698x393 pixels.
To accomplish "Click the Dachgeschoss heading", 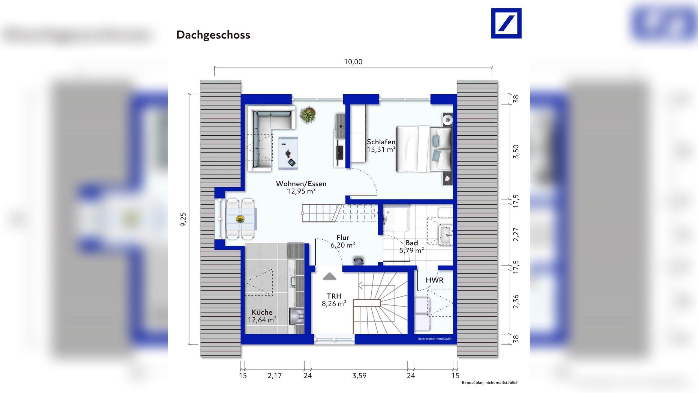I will coord(213,35).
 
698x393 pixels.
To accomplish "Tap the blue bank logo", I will coord(506,23).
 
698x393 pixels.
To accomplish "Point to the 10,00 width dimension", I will coord(353,62).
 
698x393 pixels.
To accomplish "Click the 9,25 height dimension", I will coord(183,219).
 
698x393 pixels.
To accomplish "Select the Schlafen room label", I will coord(381,142).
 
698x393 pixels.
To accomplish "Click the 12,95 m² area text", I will coord(301,191).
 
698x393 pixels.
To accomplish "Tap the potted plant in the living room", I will coord(308,114).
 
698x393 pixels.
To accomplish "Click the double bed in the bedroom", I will coord(423,149).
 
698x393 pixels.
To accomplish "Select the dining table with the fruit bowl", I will coord(241,219).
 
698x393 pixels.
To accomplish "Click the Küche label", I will coord(262,312).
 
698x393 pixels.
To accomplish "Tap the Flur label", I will coord(343,237).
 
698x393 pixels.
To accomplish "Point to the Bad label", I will coord(411,243).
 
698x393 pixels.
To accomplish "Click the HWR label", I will coord(434,280).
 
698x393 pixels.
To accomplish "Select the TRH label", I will coord(334,296).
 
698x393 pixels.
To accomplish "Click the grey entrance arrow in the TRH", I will coord(329,276).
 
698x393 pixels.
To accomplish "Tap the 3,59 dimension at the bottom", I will coord(359,376).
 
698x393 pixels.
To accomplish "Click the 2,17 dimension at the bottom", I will coord(275,376).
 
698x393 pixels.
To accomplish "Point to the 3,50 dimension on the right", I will coord(516,151).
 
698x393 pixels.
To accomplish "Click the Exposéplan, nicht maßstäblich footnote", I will coord(490,383).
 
